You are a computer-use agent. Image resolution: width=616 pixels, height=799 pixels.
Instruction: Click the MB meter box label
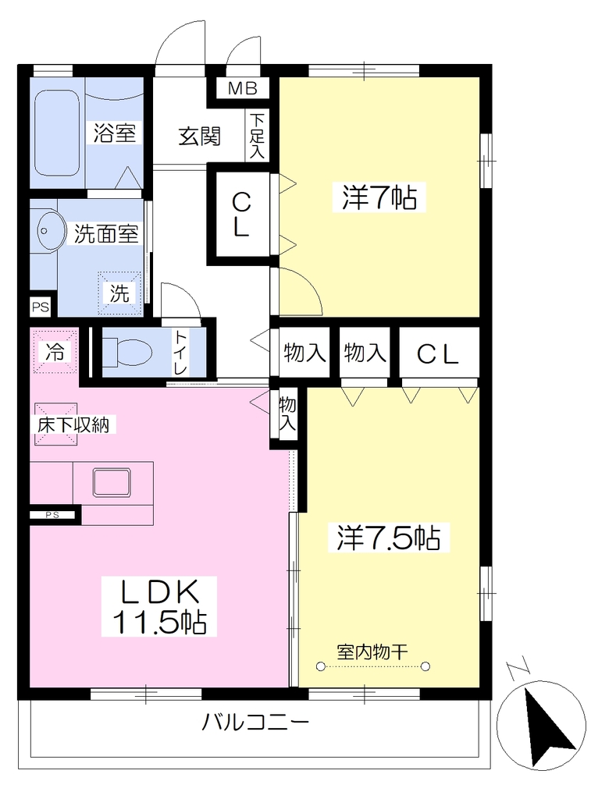click(242, 89)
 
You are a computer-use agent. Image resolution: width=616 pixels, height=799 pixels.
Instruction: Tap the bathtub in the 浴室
click(57, 133)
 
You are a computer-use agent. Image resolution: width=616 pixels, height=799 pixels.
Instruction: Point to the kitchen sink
click(112, 482)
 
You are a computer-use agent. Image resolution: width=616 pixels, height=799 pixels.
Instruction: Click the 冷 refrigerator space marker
click(55, 351)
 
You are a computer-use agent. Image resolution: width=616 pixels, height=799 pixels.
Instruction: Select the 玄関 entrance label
click(199, 136)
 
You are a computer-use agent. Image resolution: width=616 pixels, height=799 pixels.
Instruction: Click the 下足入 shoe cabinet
click(257, 136)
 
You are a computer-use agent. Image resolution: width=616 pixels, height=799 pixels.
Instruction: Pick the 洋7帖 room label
click(379, 197)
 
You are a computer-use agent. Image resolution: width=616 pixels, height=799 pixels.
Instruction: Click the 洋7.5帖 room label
click(389, 537)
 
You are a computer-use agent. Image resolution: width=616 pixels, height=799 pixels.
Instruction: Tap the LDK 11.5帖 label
click(159, 605)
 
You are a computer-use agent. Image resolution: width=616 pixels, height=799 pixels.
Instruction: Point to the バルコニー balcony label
click(255, 722)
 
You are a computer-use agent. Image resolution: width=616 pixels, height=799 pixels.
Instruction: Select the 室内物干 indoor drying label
click(372, 652)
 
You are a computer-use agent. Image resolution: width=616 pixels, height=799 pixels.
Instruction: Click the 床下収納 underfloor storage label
click(73, 424)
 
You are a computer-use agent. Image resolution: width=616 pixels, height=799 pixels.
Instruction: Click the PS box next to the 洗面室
click(41, 307)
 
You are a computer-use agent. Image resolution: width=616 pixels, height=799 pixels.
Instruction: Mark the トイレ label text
click(180, 352)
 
